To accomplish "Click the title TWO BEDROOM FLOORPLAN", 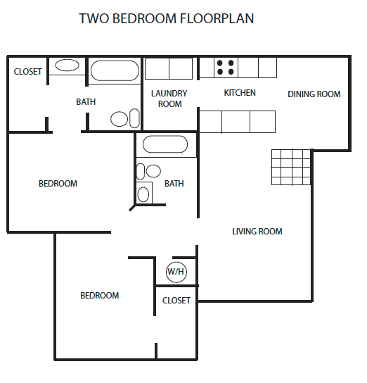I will point(166,18).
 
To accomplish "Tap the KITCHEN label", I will point(240,93).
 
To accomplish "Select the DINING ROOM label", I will point(314,94).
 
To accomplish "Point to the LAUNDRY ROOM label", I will point(169,99).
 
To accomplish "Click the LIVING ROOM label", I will point(257,232).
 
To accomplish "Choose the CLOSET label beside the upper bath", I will point(28,72).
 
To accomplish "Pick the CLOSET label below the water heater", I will point(176,301).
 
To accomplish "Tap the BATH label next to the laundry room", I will point(86,102).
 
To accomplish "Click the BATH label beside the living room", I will point(174,184).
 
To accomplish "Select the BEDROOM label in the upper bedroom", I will point(58,184).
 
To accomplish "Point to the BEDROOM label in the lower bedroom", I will point(99,296).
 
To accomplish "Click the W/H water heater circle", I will point(176,272).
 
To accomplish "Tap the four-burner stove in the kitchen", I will point(226,67).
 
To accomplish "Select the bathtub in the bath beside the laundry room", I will point(115,72).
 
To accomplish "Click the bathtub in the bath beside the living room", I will point(165,146).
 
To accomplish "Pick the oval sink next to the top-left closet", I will point(67,66).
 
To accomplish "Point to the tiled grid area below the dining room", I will point(291,167).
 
